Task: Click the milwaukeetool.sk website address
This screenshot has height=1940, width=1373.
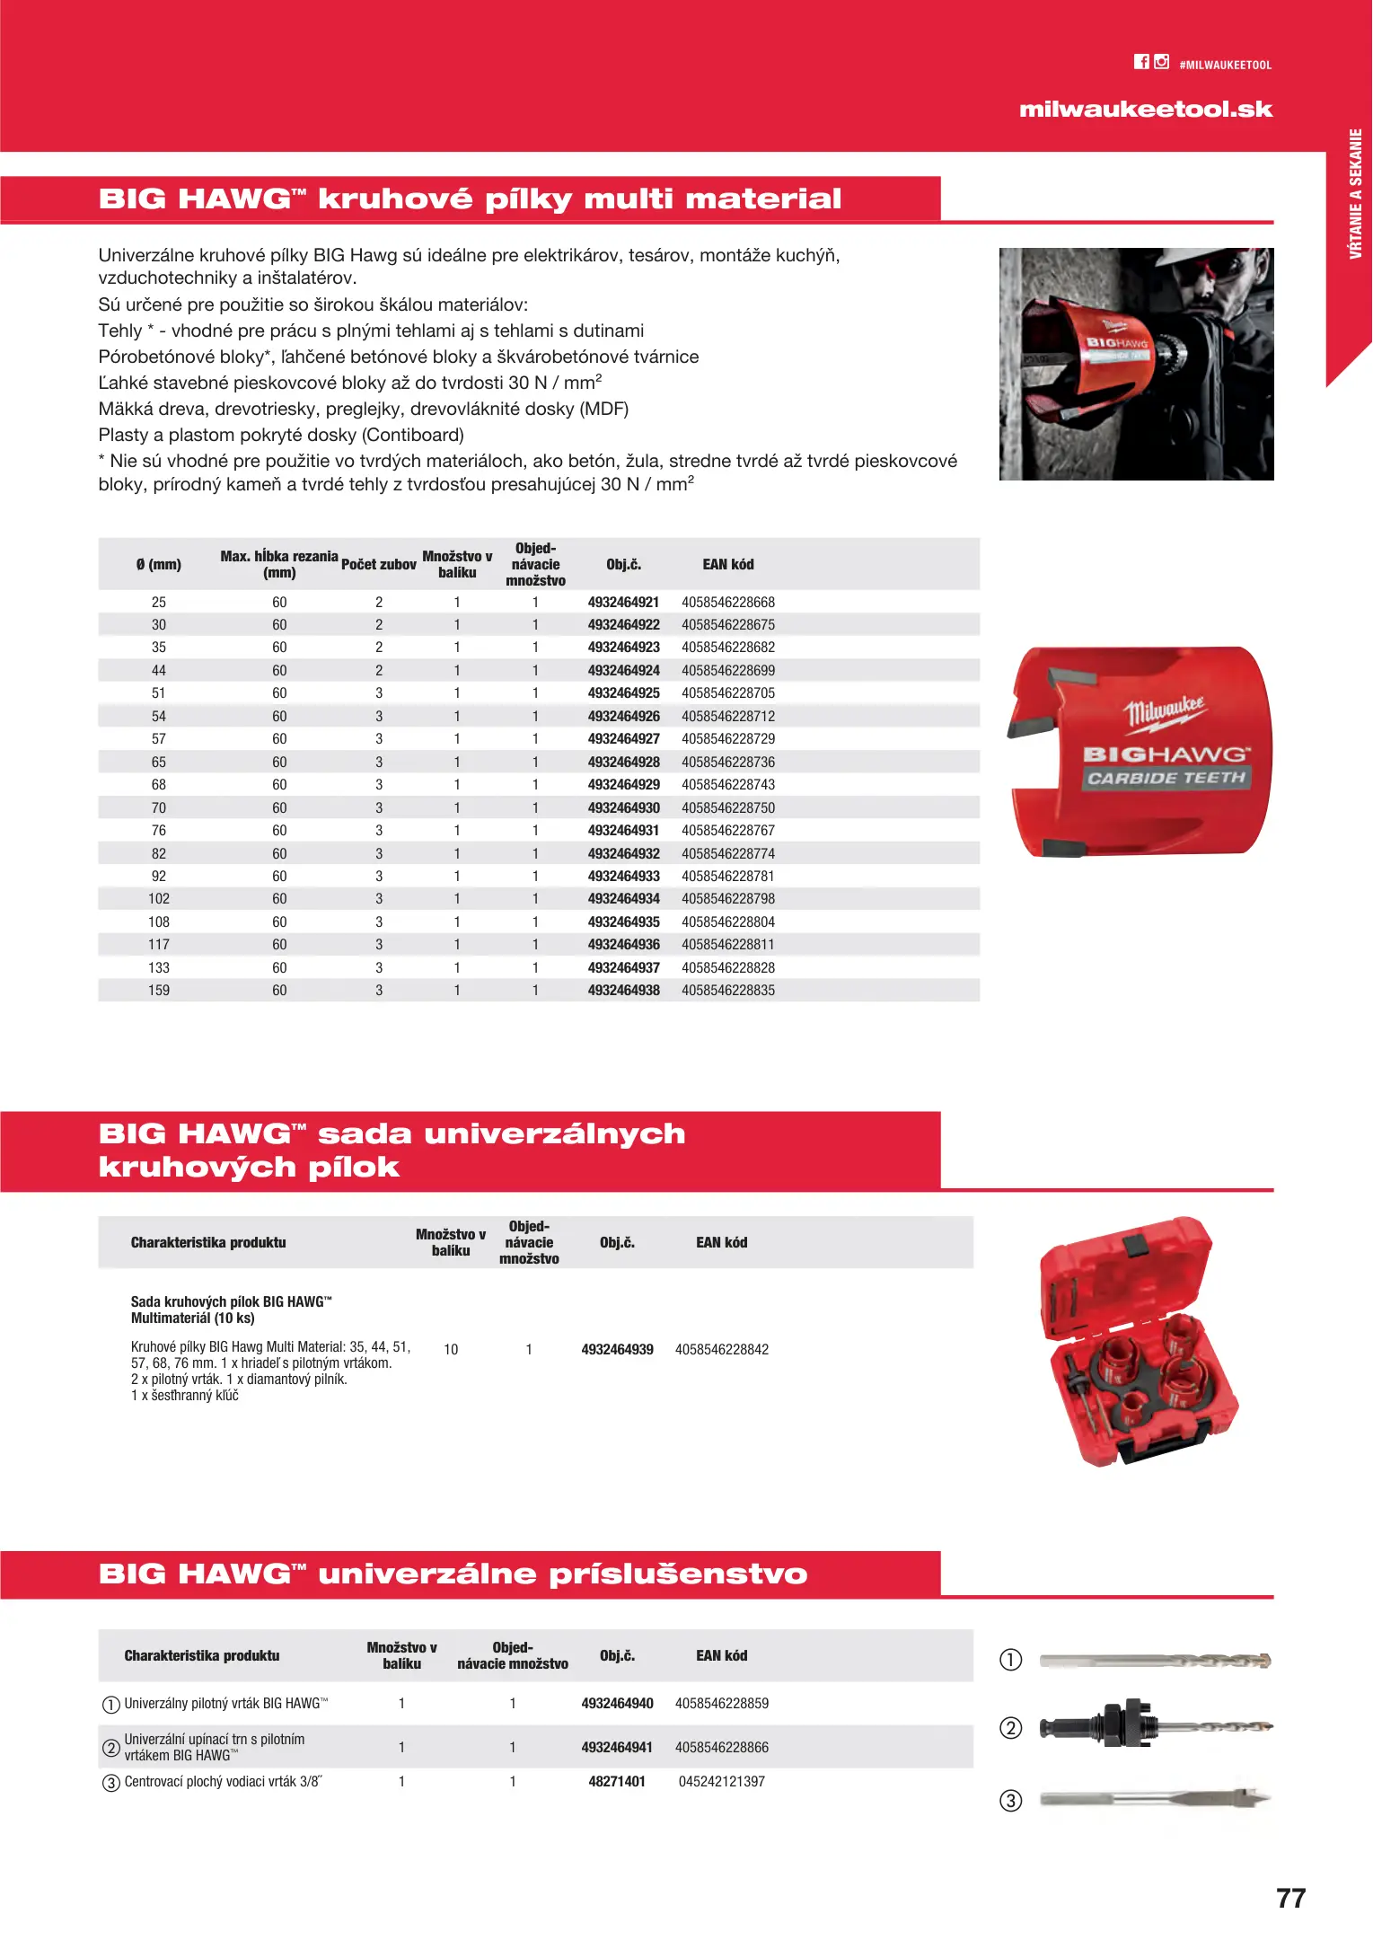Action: pos(1146,110)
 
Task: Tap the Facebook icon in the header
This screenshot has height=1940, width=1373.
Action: pos(1141,62)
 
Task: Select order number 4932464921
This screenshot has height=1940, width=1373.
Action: pos(623,603)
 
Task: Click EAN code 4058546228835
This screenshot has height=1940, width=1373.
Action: pos(727,991)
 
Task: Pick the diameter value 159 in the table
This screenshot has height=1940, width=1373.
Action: pos(159,991)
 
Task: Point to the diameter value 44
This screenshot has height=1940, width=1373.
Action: pos(159,671)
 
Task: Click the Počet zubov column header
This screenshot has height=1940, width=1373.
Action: pos(379,565)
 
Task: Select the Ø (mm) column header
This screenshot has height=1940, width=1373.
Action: pos(159,565)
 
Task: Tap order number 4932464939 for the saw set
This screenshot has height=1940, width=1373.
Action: pos(617,1350)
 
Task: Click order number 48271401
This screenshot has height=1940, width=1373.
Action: pos(617,1782)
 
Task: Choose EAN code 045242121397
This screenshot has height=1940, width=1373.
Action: pos(721,1782)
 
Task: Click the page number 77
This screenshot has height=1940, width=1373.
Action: pos(1290,1899)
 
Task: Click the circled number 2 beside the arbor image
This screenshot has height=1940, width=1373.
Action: pos(1011,1728)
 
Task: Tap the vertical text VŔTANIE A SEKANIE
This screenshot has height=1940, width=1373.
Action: pos(1355,194)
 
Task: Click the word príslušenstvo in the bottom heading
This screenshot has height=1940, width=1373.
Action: pos(678,1574)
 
